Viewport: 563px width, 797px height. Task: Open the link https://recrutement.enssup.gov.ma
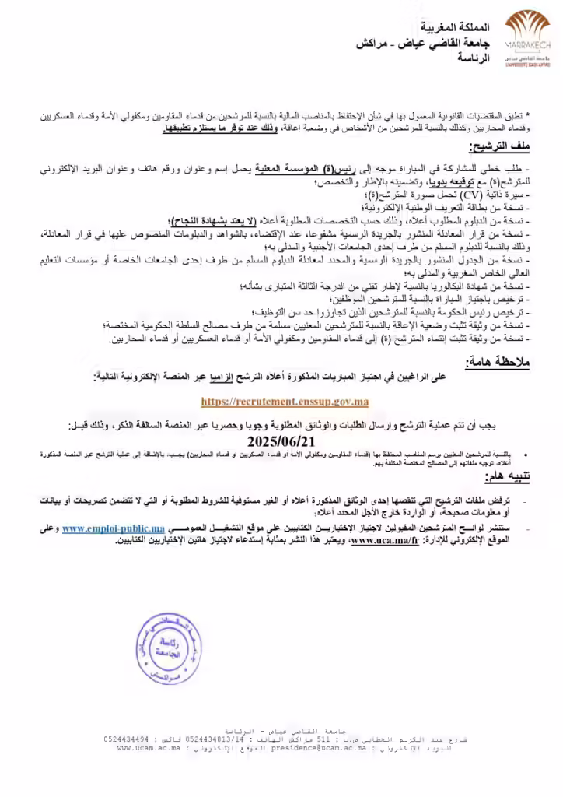click(285, 402)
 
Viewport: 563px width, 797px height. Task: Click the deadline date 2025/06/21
click(282, 441)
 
